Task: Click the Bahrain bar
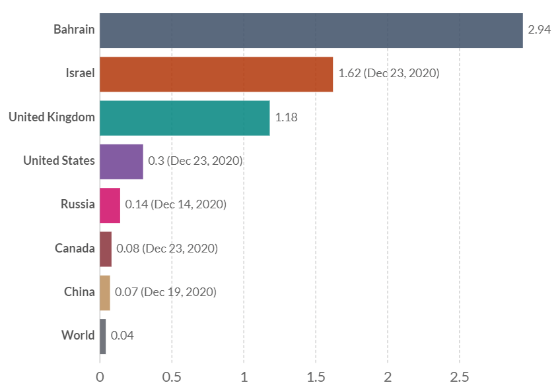(311, 30)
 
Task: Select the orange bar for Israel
(216, 74)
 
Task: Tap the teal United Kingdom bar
(185, 117)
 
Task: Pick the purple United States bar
(122, 161)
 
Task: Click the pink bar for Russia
(110, 204)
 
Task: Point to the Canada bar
(106, 248)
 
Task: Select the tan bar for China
(105, 291)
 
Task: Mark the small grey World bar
(103, 336)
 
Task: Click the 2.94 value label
(540, 30)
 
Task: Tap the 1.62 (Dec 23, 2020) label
(388, 73)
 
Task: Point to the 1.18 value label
(287, 117)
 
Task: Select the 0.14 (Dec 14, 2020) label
(176, 204)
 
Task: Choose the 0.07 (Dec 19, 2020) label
(166, 291)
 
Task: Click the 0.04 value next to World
(122, 336)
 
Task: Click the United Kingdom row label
(52, 117)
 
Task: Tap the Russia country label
(78, 204)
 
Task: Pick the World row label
(78, 336)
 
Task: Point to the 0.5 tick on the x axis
(172, 378)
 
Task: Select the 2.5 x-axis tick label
(460, 378)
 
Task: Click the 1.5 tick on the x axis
(316, 378)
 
